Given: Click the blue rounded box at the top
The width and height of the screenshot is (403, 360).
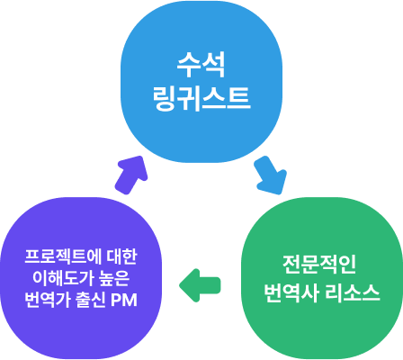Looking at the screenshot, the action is [x=201, y=82].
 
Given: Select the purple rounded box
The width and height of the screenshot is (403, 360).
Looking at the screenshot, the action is [x=81, y=278].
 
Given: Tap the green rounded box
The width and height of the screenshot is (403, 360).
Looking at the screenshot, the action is [x=322, y=278].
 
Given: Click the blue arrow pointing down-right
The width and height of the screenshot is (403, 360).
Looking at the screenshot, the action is [x=270, y=175].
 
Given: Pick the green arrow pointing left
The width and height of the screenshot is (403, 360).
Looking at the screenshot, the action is [x=200, y=285].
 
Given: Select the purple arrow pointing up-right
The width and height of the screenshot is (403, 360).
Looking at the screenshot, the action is [x=131, y=175].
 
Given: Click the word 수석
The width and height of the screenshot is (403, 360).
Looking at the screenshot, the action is [x=201, y=65].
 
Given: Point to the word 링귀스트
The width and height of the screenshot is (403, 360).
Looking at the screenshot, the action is [x=201, y=98].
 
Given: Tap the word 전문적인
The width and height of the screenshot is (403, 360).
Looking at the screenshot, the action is [x=319, y=265].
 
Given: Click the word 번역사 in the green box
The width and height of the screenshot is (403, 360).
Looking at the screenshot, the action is [x=291, y=292].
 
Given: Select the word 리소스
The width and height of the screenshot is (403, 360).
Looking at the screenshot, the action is [x=353, y=292].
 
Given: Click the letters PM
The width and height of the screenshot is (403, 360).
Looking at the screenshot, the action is [x=124, y=300].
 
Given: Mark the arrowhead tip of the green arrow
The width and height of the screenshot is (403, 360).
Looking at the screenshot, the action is [x=179, y=285].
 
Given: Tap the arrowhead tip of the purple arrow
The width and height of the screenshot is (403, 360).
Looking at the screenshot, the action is [x=141, y=157].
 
